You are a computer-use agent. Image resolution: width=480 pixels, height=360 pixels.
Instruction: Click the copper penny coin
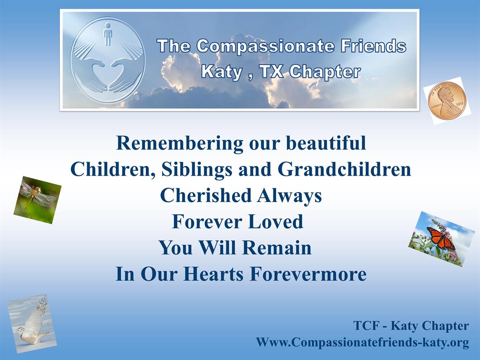pos(447,100)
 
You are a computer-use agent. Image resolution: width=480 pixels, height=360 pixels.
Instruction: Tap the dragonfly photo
pos(37,200)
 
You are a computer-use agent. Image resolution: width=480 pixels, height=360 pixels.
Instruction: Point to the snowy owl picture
pos(32,323)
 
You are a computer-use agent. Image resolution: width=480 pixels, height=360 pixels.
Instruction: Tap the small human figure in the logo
pos(107,34)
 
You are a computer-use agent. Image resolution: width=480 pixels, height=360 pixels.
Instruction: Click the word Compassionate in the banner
pos(265,46)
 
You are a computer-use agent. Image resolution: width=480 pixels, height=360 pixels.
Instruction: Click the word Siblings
pos(196,170)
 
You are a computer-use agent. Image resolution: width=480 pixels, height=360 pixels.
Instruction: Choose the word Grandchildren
pos(345,169)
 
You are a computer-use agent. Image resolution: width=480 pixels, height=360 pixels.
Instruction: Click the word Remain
pos(277,247)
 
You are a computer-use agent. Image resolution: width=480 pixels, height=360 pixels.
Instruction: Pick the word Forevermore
pos(308,274)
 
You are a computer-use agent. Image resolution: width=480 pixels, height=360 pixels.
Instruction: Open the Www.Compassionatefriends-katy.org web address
pos(362,342)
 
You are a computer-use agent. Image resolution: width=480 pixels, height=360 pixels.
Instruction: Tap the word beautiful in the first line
pos(326,142)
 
